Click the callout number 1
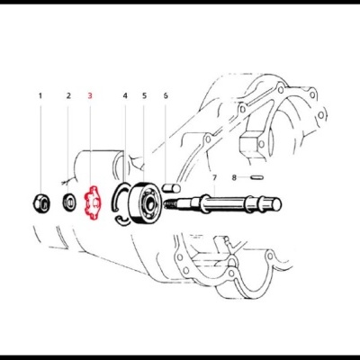pyautogui.click(x=40, y=95)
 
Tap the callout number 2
pyautogui.click(x=68, y=95)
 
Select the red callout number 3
pyautogui.click(x=90, y=95)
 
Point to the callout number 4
pyautogui.click(x=125, y=95)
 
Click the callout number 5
pyautogui.click(x=145, y=95)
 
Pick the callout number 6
pyautogui.click(x=166, y=95)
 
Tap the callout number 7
pyautogui.click(x=214, y=178)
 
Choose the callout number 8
pyautogui.click(x=234, y=177)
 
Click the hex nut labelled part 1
pyautogui.click(x=40, y=204)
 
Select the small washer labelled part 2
pyautogui.click(x=69, y=202)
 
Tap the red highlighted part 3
pyautogui.click(x=92, y=202)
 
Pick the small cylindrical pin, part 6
pyautogui.click(x=171, y=188)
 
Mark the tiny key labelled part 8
pyautogui.click(x=256, y=177)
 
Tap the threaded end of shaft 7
pyautogui.click(x=170, y=204)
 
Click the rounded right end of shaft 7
pyautogui.click(x=277, y=204)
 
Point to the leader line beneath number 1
pyautogui.click(x=40, y=148)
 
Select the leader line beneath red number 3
pyautogui.click(x=90, y=143)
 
